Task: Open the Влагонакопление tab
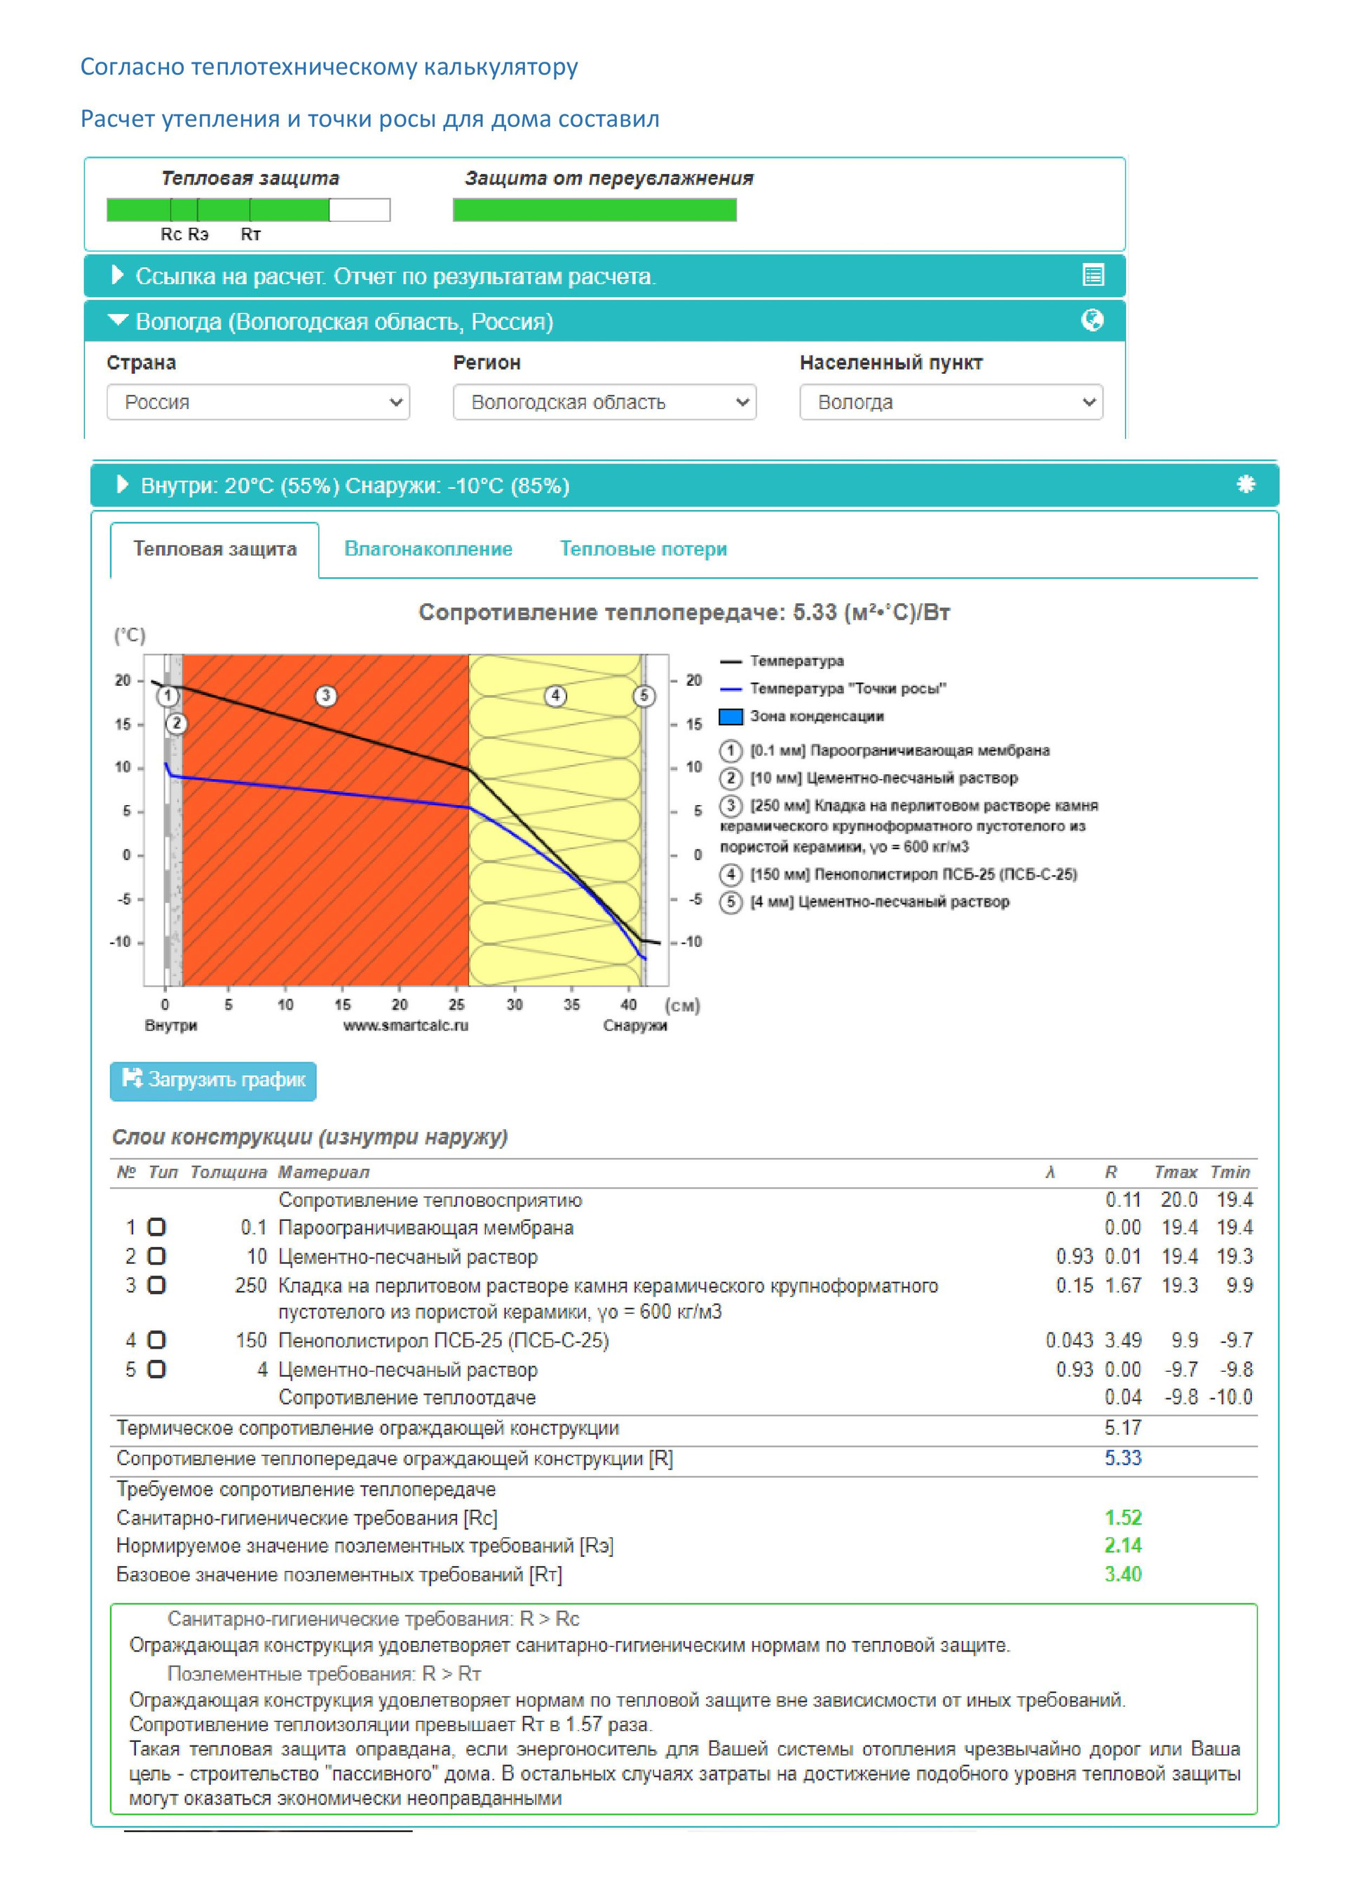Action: tap(428, 549)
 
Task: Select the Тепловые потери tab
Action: tap(643, 549)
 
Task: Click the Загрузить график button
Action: tap(213, 1081)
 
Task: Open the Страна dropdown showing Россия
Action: tap(258, 403)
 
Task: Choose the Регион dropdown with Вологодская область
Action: tap(604, 403)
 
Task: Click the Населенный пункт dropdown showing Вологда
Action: tap(951, 403)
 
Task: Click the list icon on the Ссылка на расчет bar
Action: tap(1093, 276)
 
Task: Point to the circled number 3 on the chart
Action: tap(326, 696)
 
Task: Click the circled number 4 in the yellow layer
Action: tap(555, 696)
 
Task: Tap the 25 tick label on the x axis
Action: tap(456, 1005)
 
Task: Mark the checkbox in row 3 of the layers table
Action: tap(156, 1285)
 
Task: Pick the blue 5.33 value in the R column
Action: tap(1123, 1459)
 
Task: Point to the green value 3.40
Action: tap(1123, 1574)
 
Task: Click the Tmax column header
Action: tap(1175, 1173)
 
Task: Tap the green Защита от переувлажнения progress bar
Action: tap(594, 210)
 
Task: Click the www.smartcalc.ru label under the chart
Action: tap(405, 1026)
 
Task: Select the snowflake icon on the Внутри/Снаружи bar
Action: tap(1246, 485)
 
